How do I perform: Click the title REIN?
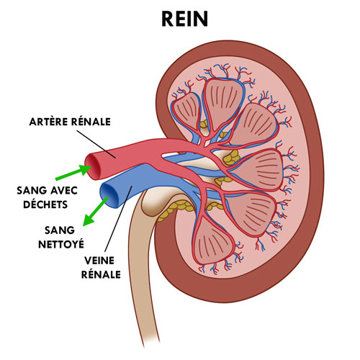pos(184,19)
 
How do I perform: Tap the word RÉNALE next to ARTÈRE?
pos(91,122)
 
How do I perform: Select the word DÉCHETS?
pos(45,204)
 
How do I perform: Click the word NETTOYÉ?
pos(61,244)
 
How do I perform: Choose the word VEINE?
pos(99,261)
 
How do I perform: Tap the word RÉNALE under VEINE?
pos(101,274)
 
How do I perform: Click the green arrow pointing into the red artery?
pos(73,172)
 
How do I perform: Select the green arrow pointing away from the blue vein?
pos(96,211)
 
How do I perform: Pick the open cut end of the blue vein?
pos(109,194)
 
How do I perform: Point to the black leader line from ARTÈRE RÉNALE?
pos(96,144)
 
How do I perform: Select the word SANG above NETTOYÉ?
pos(60,230)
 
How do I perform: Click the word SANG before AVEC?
pos(32,191)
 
